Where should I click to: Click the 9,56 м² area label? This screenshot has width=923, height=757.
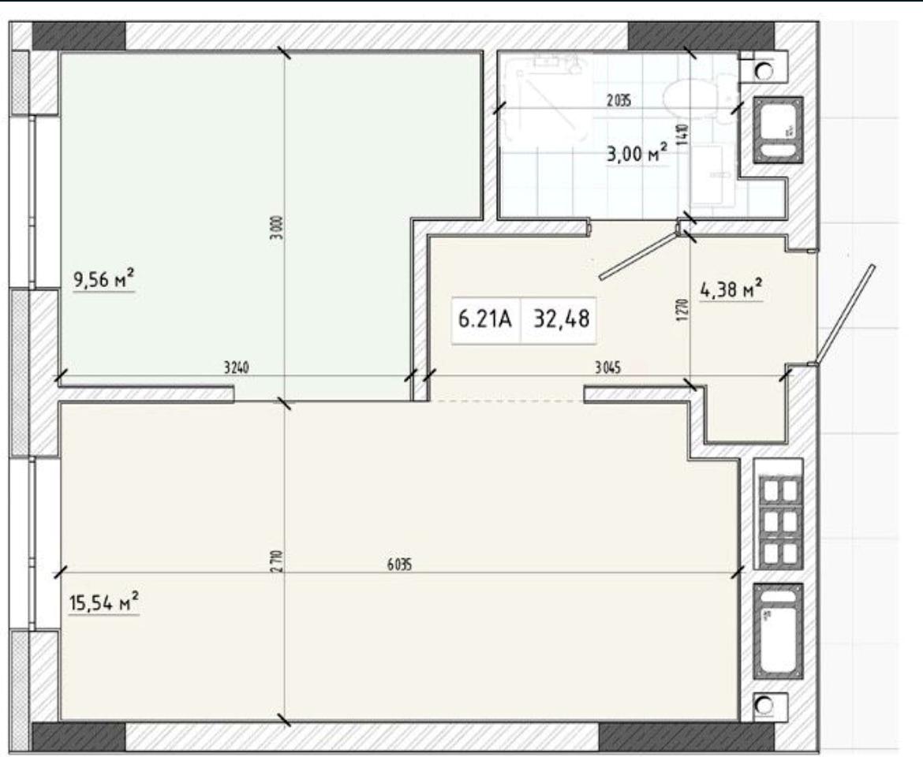pyautogui.click(x=104, y=279)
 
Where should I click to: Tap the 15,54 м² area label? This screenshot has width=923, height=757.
pyautogui.click(x=104, y=603)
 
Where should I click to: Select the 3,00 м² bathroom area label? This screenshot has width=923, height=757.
pyautogui.click(x=637, y=154)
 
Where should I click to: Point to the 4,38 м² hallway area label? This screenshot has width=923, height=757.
pyautogui.click(x=731, y=289)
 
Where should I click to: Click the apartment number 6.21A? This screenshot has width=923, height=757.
pyautogui.click(x=485, y=319)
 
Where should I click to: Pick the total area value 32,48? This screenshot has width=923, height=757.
pyautogui.click(x=561, y=319)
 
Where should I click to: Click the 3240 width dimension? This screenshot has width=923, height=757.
pyautogui.click(x=237, y=368)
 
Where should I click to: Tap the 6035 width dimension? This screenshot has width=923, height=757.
pyautogui.click(x=399, y=565)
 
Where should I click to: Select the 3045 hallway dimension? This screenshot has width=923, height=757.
pyautogui.click(x=607, y=368)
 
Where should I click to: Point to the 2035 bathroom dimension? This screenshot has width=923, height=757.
pyautogui.click(x=618, y=101)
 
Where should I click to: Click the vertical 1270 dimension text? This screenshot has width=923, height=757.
pyautogui.click(x=682, y=311)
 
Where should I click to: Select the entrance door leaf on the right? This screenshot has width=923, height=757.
pyautogui.click(x=845, y=314)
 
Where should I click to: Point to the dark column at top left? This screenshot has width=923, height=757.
pyautogui.click(x=78, y=36)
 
